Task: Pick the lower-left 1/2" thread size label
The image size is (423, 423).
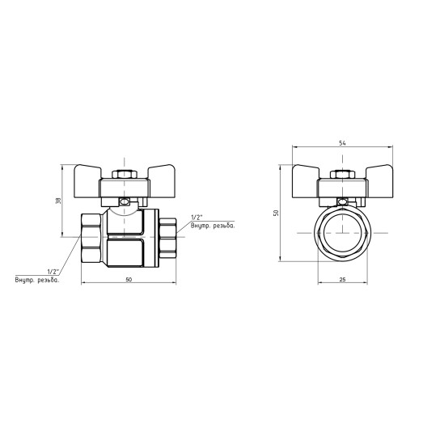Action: point(54,271)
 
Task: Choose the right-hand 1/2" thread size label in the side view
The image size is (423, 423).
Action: point(196,218)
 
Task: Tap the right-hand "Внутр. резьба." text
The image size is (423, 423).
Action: point(213,226)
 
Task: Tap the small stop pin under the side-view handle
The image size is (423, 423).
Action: point(126,203)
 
